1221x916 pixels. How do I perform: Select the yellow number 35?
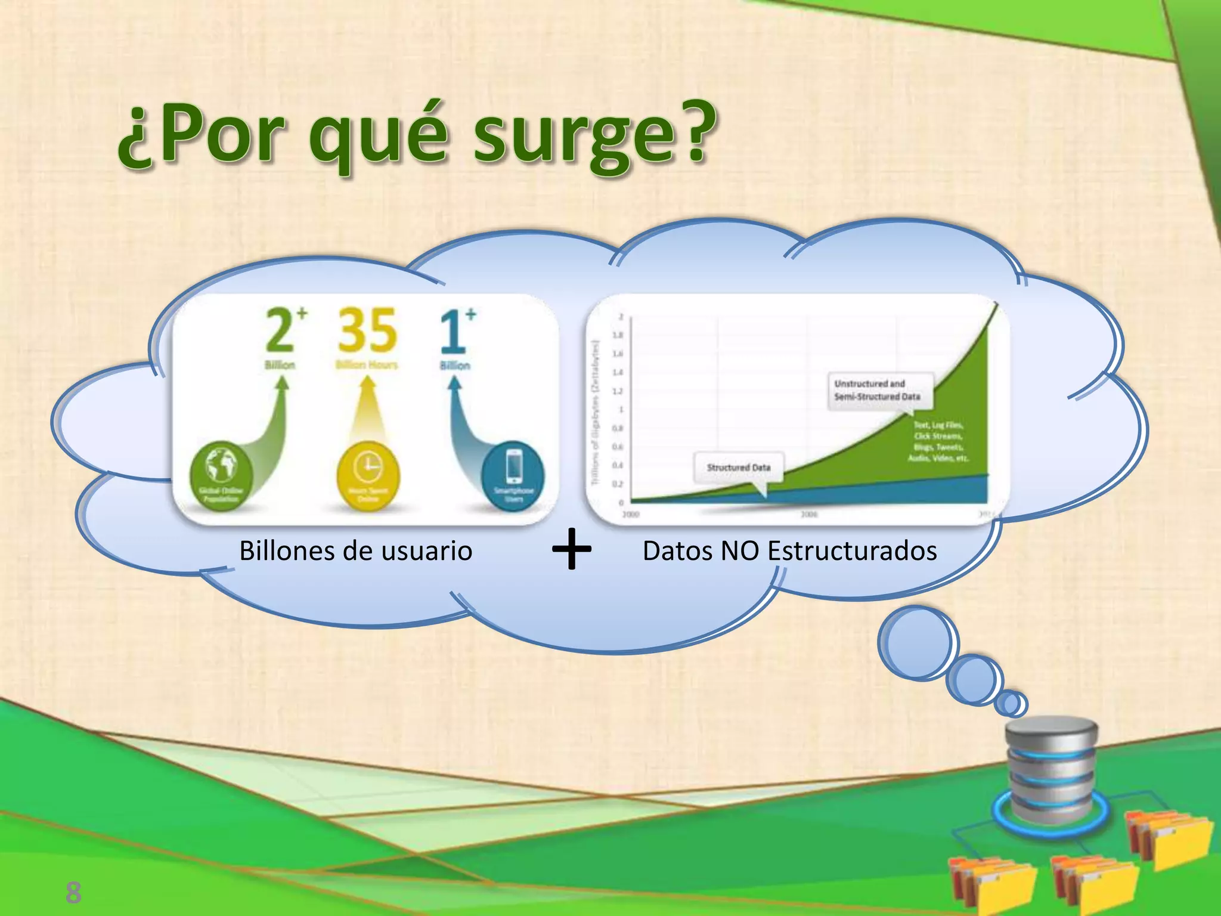pyautogui.click(x=367, y=330)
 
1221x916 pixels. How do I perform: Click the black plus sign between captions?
pyautogui.click(x=572, y=549)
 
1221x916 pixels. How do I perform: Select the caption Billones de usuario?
pyautogui.click(x=355, y=550)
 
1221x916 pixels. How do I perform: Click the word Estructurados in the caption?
pyautogui.click(x=852, y=550)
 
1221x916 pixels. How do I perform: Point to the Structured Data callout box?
pyautogui.click(x=738, y=468)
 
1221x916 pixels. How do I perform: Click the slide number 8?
pyautogui.click(x=73, y=893)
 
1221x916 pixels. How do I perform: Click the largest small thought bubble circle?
pyautogui.click(x=918, y=643)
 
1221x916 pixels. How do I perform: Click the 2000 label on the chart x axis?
pyautogui.click(x=630, y=514)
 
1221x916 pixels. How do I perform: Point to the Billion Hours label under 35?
pyautogui.click(x=367, y=365)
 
